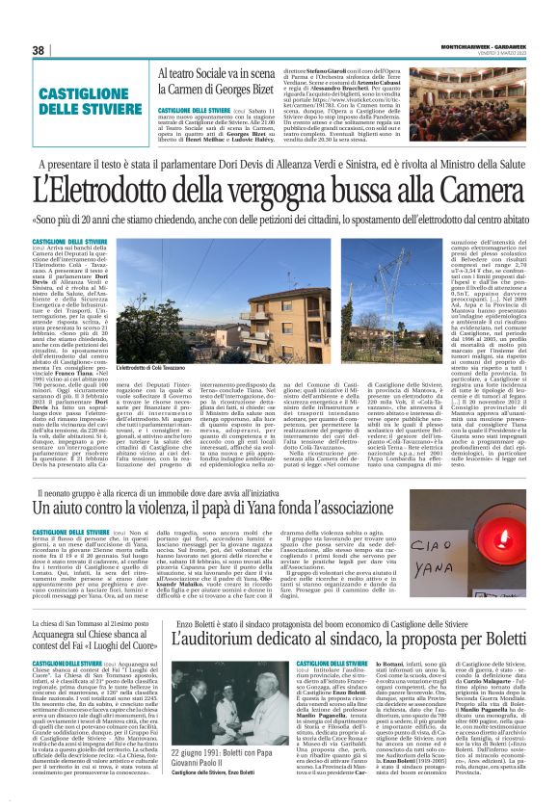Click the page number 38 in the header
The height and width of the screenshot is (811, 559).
pos(40,50)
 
